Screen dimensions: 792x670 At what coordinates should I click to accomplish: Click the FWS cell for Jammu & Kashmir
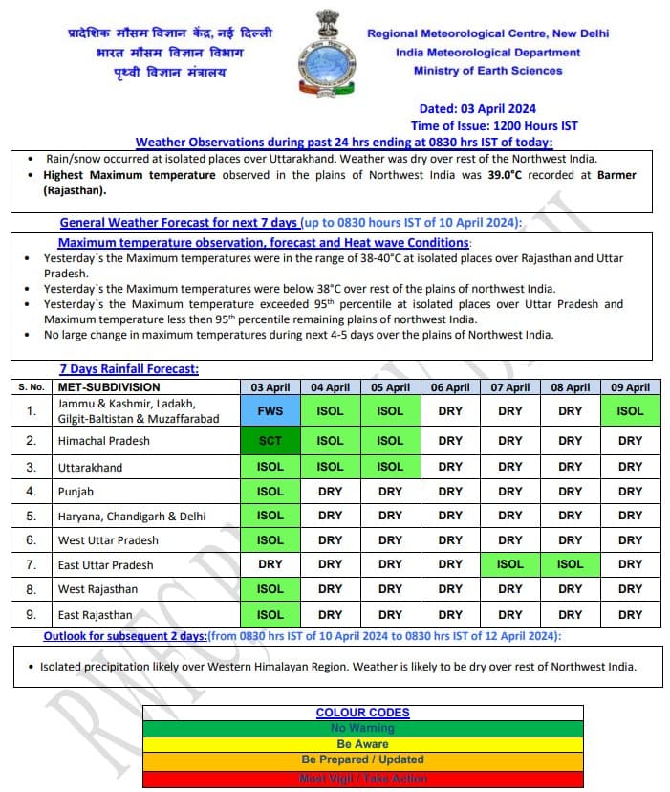270,410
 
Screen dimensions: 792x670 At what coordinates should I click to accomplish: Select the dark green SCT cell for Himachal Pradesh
270,441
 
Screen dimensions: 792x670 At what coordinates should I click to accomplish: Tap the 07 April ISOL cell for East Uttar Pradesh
510,563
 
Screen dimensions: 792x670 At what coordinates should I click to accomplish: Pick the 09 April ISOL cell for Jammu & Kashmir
630,410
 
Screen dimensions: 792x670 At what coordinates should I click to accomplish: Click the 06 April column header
450,387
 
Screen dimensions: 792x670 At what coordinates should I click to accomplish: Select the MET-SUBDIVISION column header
108,387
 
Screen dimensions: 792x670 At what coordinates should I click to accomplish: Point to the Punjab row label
76,492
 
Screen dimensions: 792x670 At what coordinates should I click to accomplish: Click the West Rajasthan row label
97,589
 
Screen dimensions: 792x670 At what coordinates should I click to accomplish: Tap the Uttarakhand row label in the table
90,468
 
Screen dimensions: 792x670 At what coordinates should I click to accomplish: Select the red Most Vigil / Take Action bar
362,779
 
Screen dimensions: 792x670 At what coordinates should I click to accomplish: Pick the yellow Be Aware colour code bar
362,743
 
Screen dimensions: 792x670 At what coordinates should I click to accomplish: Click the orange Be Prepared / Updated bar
362,760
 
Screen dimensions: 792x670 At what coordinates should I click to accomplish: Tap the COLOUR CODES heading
362,713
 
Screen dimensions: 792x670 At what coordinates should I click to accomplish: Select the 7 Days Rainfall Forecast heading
129,369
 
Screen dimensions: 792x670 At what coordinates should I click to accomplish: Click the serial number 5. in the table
32,516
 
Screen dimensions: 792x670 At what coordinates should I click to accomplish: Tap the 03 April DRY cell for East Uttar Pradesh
270,563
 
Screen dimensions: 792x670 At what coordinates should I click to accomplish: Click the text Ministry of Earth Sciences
487,70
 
